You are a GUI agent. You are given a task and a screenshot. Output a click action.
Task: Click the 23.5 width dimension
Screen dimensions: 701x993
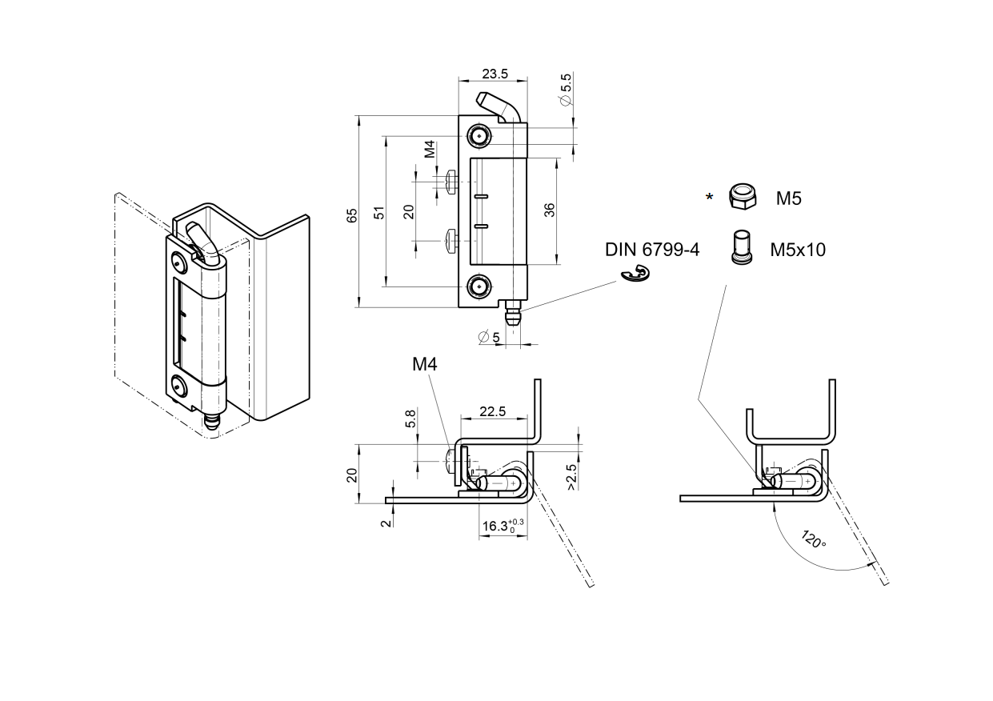click(494, 73)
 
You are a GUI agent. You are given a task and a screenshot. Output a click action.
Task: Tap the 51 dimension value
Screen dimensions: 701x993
click(380, 212)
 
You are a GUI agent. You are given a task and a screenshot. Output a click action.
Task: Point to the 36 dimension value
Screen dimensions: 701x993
click(549, 210)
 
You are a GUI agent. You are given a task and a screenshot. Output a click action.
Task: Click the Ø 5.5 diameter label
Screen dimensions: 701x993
click(566, 90)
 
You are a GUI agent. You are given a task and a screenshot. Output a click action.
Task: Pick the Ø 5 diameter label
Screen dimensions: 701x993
click(489, 338)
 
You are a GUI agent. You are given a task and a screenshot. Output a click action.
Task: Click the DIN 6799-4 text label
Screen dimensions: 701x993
click(652, 250)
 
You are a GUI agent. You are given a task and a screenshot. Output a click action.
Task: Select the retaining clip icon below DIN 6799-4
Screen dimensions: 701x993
click(637, 275)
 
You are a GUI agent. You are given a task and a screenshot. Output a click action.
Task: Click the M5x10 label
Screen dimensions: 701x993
click(798, 250)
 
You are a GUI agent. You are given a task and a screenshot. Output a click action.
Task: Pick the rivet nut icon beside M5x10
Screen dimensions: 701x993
click(741, 246)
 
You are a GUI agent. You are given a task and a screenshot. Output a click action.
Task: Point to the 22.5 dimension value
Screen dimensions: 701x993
click(493, 411)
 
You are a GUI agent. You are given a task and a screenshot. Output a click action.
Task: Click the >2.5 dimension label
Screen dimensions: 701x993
click(571, 476)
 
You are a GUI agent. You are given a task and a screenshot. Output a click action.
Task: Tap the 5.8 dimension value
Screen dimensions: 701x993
click(411, 418)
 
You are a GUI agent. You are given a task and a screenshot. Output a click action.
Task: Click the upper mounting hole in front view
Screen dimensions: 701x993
click(478, 136)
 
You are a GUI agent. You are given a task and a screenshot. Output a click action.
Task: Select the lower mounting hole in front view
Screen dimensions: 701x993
click(478, 286)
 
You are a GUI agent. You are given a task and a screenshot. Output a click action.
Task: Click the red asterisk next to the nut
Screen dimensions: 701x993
click(709, 197)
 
